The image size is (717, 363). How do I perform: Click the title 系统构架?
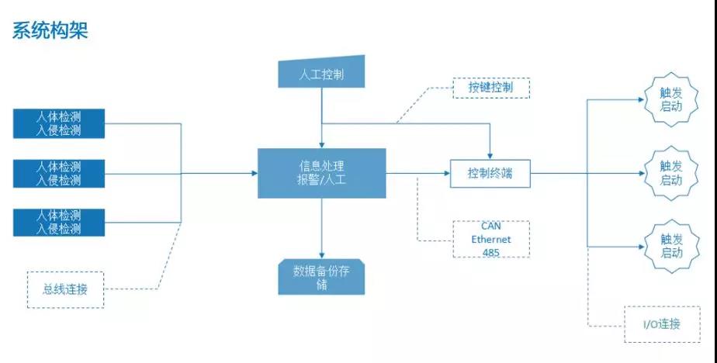[x=50, y=30]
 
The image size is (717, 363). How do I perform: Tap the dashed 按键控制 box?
[x=490, y=88]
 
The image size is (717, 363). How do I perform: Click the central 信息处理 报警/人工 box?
[x=321, y=173]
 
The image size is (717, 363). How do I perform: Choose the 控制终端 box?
[x=490, y=174]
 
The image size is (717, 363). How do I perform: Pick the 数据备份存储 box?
[x=321, y=278]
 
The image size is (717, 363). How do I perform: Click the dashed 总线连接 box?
[x=65, y=290]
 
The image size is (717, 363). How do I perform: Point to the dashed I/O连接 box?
[x=662, y=324]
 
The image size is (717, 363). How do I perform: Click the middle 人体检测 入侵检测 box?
[x=59, y=173]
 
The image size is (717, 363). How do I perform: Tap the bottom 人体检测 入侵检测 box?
[x=59, y=222]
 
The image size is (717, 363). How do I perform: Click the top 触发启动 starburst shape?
[x=670, y=99]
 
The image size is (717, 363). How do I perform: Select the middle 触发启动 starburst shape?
[x=670, y=173]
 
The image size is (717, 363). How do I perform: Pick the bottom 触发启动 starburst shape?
[x=670, y=246]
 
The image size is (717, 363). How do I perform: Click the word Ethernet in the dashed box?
[x=491, y=239]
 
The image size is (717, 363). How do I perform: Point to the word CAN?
[x=491, y=226]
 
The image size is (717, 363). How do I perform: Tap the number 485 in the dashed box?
[x=491, y=252]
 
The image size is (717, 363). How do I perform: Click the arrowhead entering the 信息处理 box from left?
[x=254, y=173]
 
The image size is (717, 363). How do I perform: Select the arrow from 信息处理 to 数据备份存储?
[x=321, y=229]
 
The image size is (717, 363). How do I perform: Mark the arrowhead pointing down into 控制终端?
[x=490, y=154]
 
